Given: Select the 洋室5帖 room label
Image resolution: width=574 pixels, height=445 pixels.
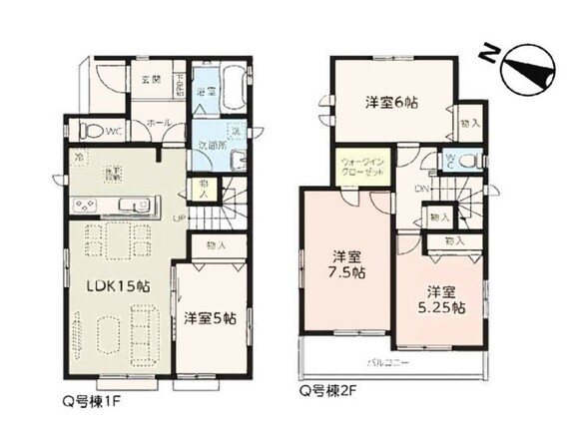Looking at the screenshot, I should (210, 318).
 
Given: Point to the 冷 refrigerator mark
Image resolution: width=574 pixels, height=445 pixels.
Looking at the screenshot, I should (79, 155).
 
